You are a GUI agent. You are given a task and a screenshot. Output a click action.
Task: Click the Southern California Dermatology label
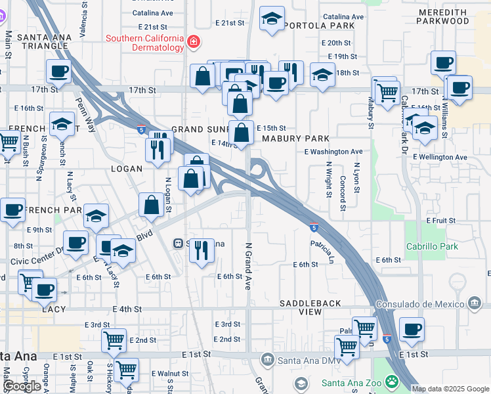click(145, 43)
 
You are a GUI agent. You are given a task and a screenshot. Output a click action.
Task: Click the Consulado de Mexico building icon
click(474, 303)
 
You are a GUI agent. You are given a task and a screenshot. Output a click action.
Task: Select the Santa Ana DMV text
click(303, 359)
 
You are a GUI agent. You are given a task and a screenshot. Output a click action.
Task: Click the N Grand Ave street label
click(248, 266)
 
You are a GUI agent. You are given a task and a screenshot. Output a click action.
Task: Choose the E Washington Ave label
click(333, 152)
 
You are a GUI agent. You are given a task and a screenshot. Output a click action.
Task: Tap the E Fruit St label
click(440, 221)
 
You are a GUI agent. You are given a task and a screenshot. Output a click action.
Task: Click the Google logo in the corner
click(22, 386)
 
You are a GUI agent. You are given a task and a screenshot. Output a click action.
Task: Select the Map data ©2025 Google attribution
click(450, 389)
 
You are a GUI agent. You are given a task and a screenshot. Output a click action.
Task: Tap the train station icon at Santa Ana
click(177, 244)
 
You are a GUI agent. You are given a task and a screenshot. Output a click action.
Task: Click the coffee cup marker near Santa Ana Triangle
click(58, 71)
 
